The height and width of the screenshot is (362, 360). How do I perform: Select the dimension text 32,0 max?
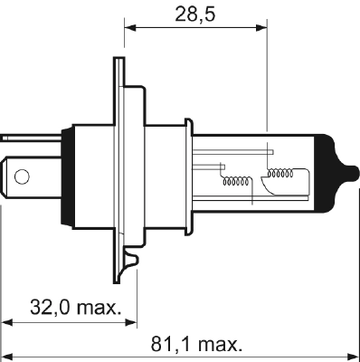point(77,308)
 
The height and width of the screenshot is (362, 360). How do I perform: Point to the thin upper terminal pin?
point(17,138)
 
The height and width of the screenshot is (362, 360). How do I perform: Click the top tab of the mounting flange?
point(118,72)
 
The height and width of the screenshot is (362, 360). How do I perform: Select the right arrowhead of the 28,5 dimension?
point(263,27)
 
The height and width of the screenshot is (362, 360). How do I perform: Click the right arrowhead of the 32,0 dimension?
point(130,321)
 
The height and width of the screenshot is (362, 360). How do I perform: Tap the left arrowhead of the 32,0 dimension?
point(7,321)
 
